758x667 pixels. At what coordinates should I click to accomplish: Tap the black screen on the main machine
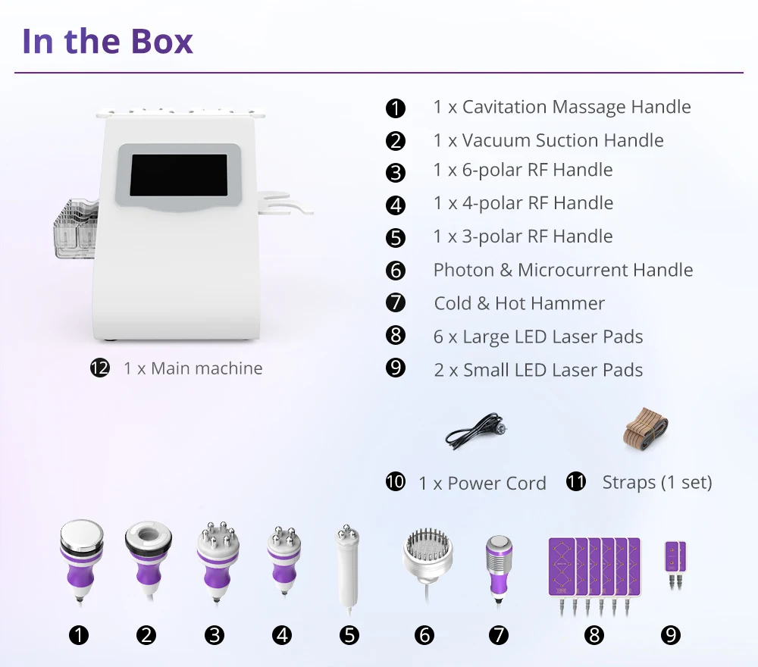[x=179, y=175]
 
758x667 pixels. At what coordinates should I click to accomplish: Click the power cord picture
[x=477, y=431]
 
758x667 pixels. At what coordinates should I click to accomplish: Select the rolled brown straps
[x=645, y=429]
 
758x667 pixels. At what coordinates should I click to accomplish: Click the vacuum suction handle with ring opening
[x=148, y=559]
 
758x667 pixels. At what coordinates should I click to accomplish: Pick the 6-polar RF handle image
[x=218, y=562]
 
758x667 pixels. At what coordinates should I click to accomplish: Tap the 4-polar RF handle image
[x=283, y=561]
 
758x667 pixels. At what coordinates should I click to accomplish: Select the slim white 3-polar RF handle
[x=347, y=570]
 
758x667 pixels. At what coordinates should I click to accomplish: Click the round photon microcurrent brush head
[x=428, y=556]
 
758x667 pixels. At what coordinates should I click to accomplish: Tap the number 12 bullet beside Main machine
[x=100, y=368]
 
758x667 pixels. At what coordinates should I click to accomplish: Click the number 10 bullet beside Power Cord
[x=396, y=482]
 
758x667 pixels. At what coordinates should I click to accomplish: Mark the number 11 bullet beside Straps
[x=576, y=481]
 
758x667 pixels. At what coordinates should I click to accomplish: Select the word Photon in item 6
[x=464, y=270]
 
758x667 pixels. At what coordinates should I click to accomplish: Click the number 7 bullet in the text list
[x=396, y=302]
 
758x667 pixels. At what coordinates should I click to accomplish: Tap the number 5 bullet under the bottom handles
[x=349, y=635]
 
